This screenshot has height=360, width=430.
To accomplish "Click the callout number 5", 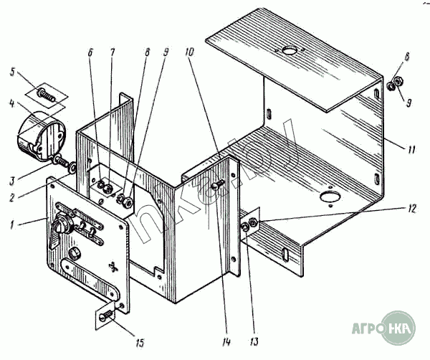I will click(12, 71).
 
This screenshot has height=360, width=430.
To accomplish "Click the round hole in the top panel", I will click(290, 51).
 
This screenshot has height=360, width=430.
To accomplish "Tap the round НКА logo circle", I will click(399, 329).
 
